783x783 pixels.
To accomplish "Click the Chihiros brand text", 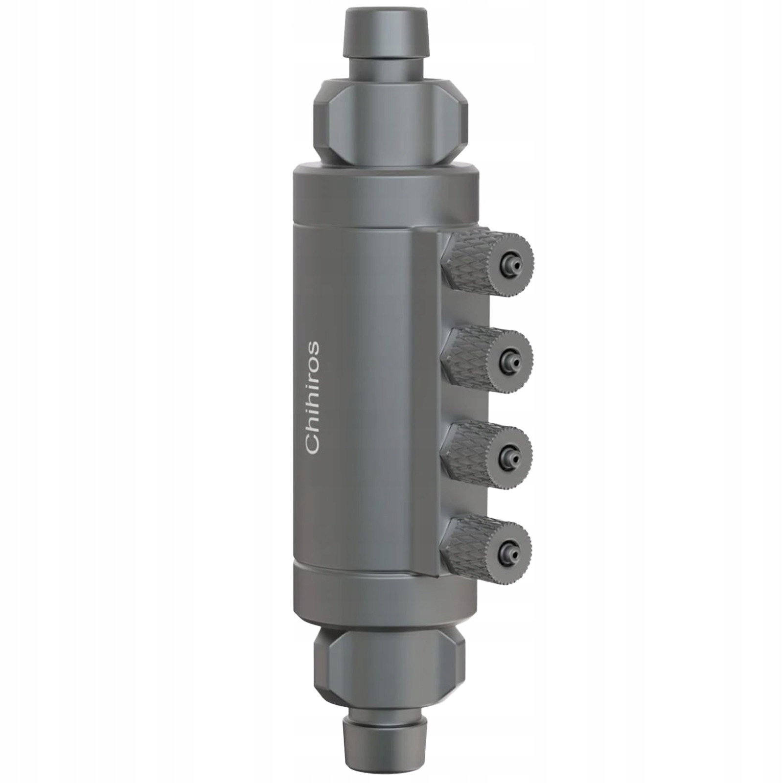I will tap(312, 397).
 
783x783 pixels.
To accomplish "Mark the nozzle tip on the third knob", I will tap(510, 456).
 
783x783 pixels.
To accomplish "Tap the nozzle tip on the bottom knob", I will tap(509, 552).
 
